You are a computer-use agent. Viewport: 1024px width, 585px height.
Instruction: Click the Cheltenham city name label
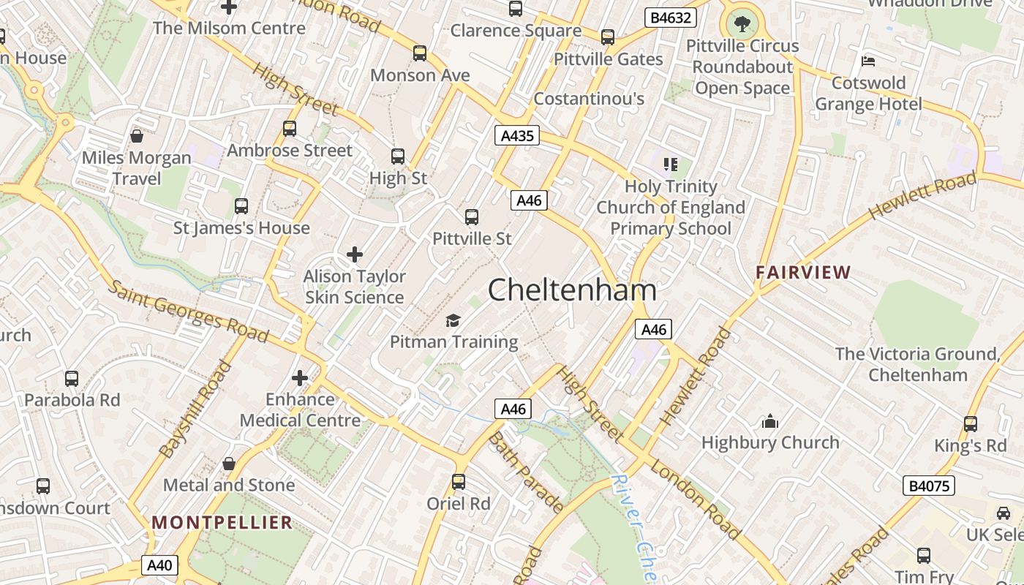coord(572,290)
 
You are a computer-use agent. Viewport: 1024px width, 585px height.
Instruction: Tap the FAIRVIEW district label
coord(803,273)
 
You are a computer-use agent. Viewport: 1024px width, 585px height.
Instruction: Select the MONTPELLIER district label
coord(222,522)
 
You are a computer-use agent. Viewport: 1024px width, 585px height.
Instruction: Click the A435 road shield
coord(517,135)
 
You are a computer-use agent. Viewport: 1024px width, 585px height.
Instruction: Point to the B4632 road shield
coord(670,18)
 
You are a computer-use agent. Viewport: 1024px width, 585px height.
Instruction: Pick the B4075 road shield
coord(928,486)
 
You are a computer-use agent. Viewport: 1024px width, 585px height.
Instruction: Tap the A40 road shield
coord(159,565)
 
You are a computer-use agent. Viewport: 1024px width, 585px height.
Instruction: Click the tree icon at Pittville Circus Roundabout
coord(742,24)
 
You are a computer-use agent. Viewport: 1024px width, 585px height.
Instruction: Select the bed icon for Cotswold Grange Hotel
coord(868,61)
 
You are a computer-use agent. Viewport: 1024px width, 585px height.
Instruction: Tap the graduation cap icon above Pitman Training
coord(453,320)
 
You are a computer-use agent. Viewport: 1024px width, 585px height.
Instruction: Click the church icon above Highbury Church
coord(769,421)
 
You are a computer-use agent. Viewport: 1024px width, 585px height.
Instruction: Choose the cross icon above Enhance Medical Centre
coord(300,378)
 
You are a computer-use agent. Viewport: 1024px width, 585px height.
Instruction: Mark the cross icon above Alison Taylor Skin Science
coord(355,254)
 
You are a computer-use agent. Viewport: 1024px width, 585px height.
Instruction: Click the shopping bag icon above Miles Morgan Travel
coord(136,136)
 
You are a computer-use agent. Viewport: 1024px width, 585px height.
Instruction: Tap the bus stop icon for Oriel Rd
coord(459,482)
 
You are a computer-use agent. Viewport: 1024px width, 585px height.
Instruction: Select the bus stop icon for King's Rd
coord(971,424)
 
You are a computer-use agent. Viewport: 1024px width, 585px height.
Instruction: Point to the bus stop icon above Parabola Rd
coord(72,379)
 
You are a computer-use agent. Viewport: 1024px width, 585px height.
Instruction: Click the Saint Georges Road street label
coord(189,311)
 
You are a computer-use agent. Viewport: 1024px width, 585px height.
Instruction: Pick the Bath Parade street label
coord(526,472)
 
